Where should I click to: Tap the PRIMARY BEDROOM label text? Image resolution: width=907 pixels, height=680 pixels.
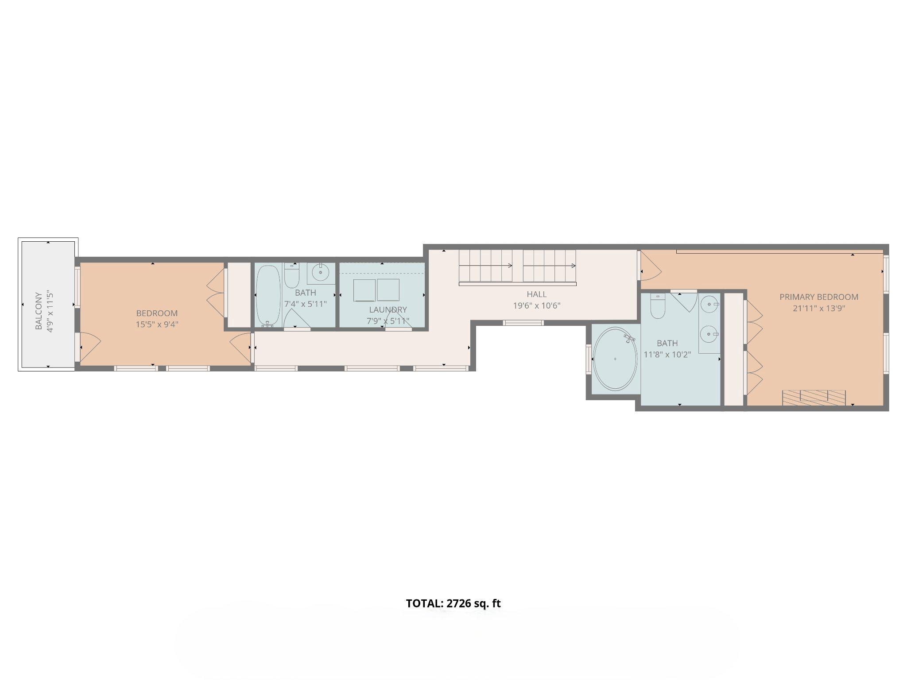(819, 297)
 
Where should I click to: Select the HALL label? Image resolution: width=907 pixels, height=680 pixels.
(536, 294)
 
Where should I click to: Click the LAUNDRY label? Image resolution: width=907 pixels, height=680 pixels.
(388, 310)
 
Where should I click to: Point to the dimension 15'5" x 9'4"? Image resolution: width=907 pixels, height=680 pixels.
(157, 324)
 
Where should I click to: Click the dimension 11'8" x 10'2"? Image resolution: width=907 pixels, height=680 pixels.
(667, 354)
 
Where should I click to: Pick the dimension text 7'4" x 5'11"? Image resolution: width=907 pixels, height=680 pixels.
(305, 304)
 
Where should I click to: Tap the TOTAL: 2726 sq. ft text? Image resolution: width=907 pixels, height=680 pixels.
(453, 603)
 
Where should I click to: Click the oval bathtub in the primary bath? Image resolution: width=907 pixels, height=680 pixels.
(615, 359)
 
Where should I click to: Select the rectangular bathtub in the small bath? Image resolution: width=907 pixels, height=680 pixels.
(268, 295)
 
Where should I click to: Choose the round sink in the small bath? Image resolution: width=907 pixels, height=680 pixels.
(321, 273)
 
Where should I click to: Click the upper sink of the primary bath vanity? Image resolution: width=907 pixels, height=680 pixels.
(709, 305)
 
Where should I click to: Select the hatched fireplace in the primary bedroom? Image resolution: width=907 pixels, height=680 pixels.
(814, 397)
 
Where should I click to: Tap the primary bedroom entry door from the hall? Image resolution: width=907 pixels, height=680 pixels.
(649, 270)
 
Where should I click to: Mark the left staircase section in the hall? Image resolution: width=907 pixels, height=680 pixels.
(485, 266)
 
